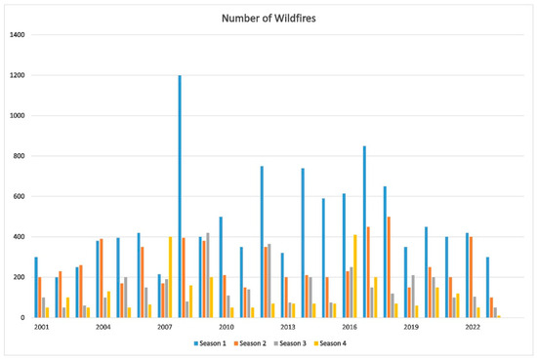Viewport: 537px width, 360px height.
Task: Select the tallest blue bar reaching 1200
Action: click(180, 196)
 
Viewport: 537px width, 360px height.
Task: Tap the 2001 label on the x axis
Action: click(41, 327)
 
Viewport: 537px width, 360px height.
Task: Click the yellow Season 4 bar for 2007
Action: click(170, 277)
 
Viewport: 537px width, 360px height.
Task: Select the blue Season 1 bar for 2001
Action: click(36, 287)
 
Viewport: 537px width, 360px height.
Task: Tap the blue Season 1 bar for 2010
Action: click(221, 267)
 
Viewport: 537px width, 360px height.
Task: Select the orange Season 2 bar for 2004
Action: click(101, 278)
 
